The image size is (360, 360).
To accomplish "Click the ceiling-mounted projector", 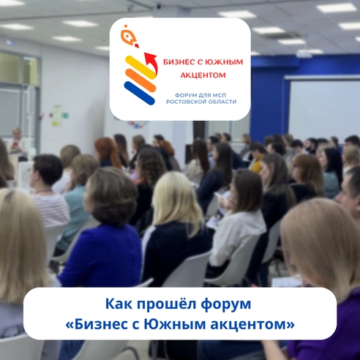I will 304,53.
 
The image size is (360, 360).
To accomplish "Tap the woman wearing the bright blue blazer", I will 103,241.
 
